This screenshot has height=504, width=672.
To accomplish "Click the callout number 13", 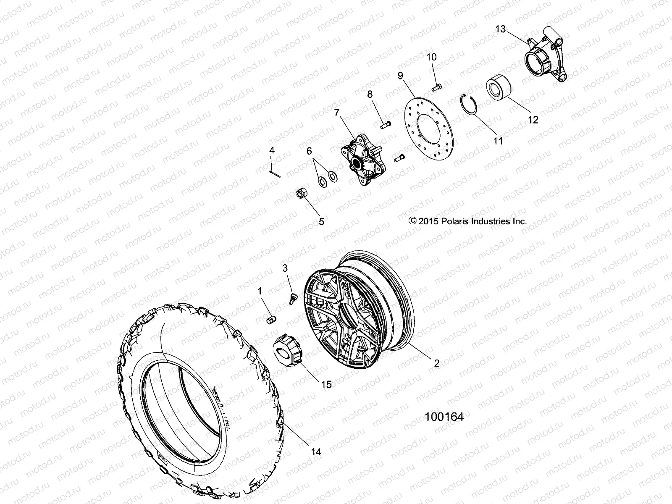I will pyautogui.click(x=501, y=29).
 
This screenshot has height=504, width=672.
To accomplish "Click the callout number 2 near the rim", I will pyautogui.click(x=437, y=363).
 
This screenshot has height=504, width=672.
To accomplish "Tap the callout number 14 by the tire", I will pyautogui.click(x=316, y=452).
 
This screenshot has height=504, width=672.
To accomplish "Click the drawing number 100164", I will pyautogui.click(x=444, y=417).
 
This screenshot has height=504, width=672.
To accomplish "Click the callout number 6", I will pyautogui.click(x=309, y=151).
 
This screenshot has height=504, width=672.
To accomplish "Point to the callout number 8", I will pyautogui.click(x=370, y=94).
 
